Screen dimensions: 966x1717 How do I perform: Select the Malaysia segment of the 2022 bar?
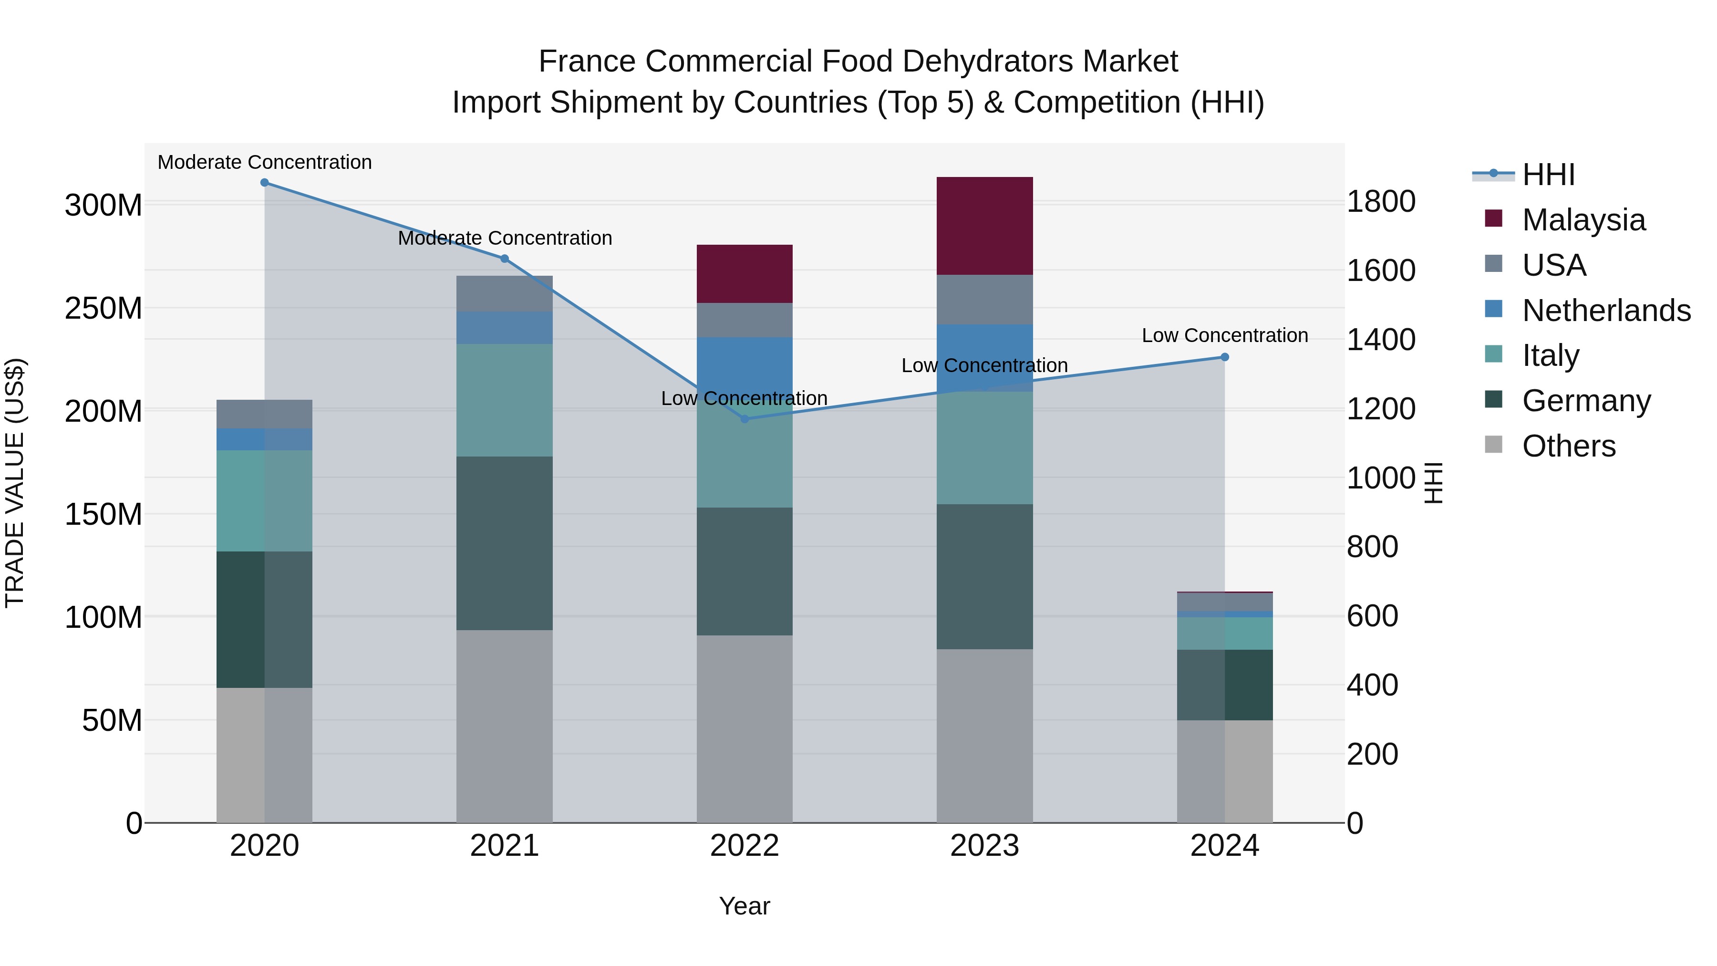[x=745, y=273]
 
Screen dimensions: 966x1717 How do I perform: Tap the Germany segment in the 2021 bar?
[x=505, y=543]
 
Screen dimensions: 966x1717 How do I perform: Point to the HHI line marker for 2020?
[x=265, y=182]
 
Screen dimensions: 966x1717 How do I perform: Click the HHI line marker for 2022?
[x=745, y=419]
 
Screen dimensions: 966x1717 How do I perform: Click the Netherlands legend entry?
[x=1606, y=311]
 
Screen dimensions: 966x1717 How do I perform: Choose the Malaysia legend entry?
[x=1583, y=220]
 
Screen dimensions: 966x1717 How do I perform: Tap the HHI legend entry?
[x=1548, y=175]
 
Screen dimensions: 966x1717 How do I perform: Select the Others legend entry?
[x=1568, y=446]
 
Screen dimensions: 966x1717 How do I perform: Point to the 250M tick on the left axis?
[x=103, y=309]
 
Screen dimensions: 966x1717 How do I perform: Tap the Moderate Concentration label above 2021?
[x=505, y=238]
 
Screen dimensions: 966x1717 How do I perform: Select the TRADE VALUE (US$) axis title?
[x=15, y=483]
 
